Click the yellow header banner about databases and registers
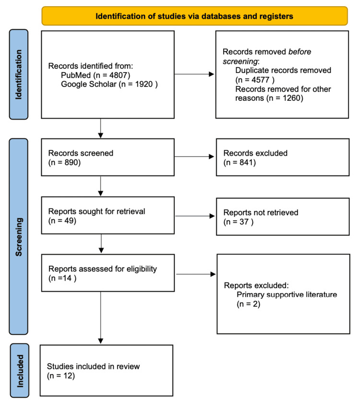(x=194, y=15)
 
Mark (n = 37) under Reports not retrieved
(x=238, y=221)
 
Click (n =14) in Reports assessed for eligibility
(x=62, y=278)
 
